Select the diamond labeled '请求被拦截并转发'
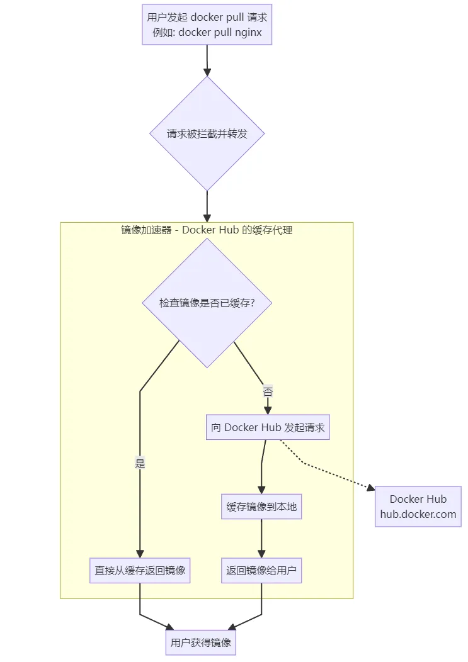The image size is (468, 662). coord(207,133)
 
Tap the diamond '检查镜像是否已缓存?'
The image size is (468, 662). coord(207,303)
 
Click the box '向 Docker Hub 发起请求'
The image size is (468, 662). coord(268,427)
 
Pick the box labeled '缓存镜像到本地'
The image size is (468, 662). coord(261,507)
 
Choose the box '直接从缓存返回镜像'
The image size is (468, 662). coord(140,571)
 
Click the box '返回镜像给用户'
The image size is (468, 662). coord(261,571)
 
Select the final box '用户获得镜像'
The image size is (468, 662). coord(200,642)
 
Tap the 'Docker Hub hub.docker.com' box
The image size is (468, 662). coord(418,507)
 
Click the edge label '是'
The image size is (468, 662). coord(140,464)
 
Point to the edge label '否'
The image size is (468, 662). coord(268,391)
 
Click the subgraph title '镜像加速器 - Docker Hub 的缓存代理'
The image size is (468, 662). coord(207,230)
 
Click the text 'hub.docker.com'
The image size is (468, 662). coord(418,514)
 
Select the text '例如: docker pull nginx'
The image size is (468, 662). coord(207,33)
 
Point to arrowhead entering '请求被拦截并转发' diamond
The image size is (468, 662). coord(207,71)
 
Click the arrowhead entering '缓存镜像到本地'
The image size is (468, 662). coord(261,490)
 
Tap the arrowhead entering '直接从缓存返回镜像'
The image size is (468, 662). coord(140,554)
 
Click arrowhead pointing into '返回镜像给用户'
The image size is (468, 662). coord(261,554)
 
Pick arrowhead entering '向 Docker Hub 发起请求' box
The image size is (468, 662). coord(268,410)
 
